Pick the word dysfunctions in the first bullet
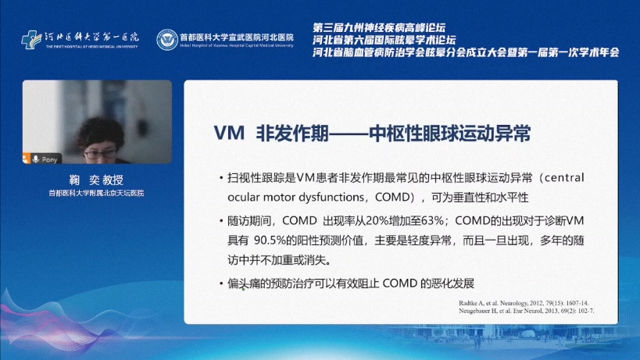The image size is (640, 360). pos(325,198)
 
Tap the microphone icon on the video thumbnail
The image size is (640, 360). pos(35,158)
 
